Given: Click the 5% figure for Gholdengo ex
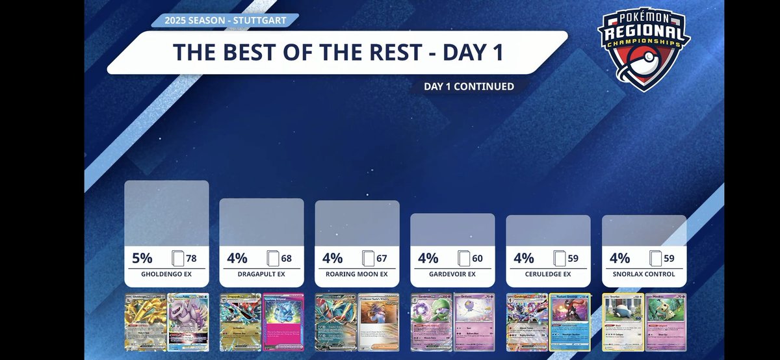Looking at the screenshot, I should click(142, 258).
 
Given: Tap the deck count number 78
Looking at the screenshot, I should click(192, 259).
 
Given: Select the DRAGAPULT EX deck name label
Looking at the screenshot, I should click(261, 274).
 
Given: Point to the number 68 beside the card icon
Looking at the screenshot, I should click(286, 259).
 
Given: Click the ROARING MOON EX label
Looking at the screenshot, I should click(357, 274).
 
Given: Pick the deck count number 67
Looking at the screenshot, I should click(382, 259).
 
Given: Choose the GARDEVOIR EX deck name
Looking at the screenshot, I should click(452, 274).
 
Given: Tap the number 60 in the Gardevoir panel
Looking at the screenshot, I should click(477, 259).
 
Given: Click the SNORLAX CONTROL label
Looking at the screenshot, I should click(644, 274).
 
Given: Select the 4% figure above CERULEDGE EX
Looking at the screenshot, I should click(524, 258).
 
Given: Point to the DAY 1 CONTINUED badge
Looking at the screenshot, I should click(469, 86).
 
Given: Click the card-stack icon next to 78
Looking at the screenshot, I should click(177, 259).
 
